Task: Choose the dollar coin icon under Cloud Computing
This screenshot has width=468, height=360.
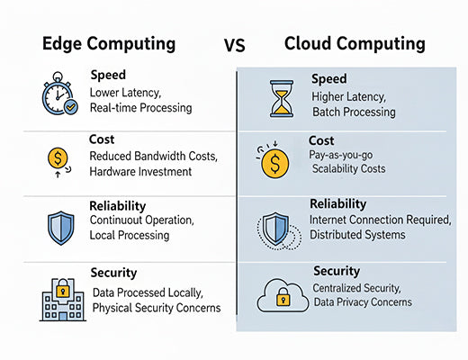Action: pyautogui.click(x=274, y=162)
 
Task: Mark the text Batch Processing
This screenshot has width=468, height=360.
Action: pyautogui.click(x=354, y=112)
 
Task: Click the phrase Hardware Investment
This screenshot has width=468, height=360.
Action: pyautogui.click(x=143, y=171)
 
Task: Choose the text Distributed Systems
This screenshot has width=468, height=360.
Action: pyautogui.click(x=357, y=235)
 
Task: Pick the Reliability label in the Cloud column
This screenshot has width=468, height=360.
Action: pyautogui.click(x=337, y=204)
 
